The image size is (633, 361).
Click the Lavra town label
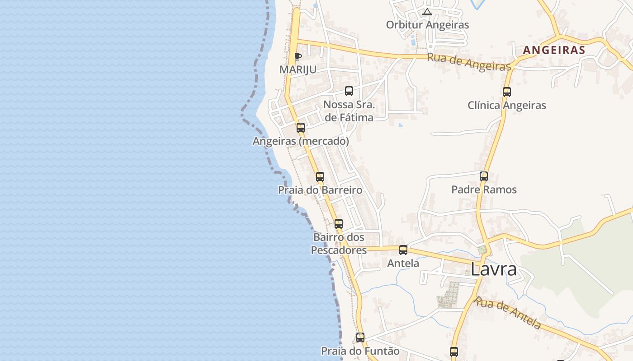(x=493, y=269)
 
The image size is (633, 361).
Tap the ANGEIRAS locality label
(x=554, y=50)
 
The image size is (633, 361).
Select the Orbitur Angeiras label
(x=427, y=25)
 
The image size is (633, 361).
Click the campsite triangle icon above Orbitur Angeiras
(x=427, y=12)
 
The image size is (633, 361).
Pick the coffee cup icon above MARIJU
(x=298, y=56)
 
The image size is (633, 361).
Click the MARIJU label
(x=298, y=69)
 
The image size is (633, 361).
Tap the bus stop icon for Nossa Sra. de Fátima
(x=349, y=91)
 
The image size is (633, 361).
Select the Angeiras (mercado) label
(x=301, y=141)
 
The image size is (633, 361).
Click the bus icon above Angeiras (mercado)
(x=301, y=128)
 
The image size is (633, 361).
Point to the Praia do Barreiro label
(x=320, y=190)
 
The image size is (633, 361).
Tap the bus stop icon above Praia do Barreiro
(x=320, y=176)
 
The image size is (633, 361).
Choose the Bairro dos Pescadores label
(x=339, y=243)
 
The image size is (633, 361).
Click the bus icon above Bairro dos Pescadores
(x=339, y=223)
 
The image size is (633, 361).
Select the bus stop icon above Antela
(x=403, y=250)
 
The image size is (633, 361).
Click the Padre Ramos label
(x=484, y=190)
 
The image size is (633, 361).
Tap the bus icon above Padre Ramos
(x=484, y=176)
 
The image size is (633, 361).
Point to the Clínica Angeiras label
(x=507, y=106)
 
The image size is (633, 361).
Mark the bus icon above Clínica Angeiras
(x=507, y=92)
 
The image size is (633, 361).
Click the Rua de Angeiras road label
(x=469, y=62)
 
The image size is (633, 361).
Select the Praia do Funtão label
(x=360, y=351)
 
